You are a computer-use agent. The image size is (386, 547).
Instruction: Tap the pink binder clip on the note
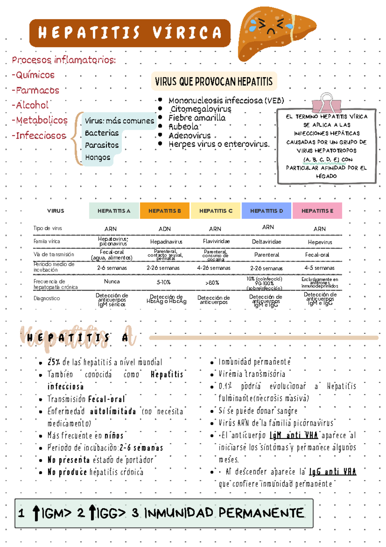point(326,103)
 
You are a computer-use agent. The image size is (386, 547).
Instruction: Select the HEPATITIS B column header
point(164,211)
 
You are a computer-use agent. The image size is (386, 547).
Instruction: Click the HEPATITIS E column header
point(317,211)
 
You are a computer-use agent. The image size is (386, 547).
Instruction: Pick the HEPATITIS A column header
point(114,211)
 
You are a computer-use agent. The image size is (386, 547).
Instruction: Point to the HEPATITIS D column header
point(266,211)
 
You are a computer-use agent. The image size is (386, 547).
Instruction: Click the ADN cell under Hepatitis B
point(164,229)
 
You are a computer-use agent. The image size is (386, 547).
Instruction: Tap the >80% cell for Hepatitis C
point(212,283)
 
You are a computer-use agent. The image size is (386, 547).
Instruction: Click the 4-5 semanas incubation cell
point(319,268)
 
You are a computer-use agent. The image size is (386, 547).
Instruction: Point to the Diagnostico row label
point(47,298)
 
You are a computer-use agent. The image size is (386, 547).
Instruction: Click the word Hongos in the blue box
point(97,158)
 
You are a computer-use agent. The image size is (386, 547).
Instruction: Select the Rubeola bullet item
point(183,127)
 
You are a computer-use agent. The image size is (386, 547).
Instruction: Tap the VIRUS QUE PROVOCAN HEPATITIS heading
point(214,82)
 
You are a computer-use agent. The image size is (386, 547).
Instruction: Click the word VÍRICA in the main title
point(187,33)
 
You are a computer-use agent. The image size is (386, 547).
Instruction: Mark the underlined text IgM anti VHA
point(293,436)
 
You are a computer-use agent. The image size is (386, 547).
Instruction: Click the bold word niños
point(114,436)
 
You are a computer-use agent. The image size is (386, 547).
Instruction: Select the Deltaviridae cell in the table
point(266,242)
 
